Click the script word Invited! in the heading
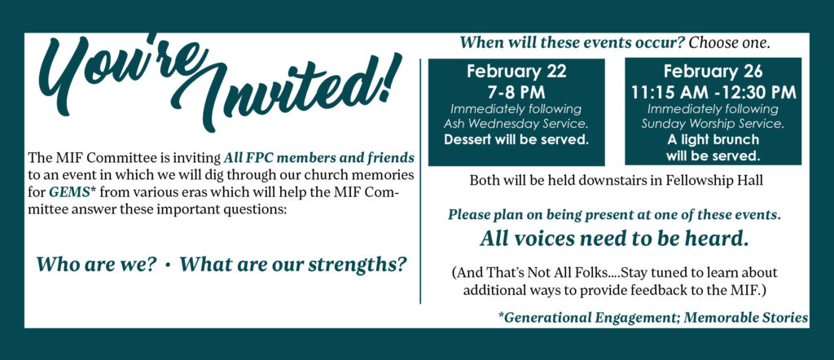(x=288, y=88)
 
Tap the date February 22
(x=516, y=71)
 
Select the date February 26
(x=713, y=71)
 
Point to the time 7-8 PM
(x=516, y=92)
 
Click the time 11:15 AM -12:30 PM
(x=713, y=92)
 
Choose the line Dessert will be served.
(x=516, y=140)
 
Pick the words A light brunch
(x=713, y=140)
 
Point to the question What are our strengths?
(x=293, y=264)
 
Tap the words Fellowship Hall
(x=713, y=181)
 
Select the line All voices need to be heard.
(x=614, y=238)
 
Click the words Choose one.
(x=729, y=43)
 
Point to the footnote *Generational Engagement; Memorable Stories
(x=654, y=318)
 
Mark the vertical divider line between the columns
(x=420, y=181)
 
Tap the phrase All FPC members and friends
(x=319, y=158)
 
